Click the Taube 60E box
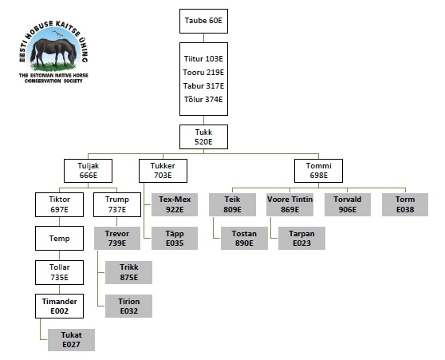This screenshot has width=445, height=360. tap(203, 21)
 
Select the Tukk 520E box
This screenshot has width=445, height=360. tap(203, 136)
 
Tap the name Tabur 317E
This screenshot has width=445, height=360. tap(203, 85)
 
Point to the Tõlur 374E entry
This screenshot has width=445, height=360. tap(203, 100)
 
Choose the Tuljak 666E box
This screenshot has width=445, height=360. tap(88, 171)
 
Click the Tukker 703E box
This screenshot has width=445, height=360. tap(163, 171)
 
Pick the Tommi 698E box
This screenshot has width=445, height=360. tap(318, 171)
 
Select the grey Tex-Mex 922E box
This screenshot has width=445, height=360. tap(175, 204)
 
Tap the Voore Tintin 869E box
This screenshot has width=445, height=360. tap(289, 204)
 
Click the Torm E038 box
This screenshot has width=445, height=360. tap(405, 204)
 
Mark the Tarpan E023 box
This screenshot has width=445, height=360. tap(301, 238)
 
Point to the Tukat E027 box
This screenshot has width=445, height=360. tap(71, 340)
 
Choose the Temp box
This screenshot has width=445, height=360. tap(59, 238)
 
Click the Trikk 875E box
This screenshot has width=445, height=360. tap(129, 272)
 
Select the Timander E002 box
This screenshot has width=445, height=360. tap(59, 306)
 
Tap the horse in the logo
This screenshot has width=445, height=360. tap(54, 52)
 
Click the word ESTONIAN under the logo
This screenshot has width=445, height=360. tap(41, 75)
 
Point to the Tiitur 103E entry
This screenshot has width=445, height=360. tap(203, 58)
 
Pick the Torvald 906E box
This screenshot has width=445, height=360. tap(348, 204)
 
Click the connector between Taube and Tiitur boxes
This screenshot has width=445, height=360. tap(203, 38)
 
